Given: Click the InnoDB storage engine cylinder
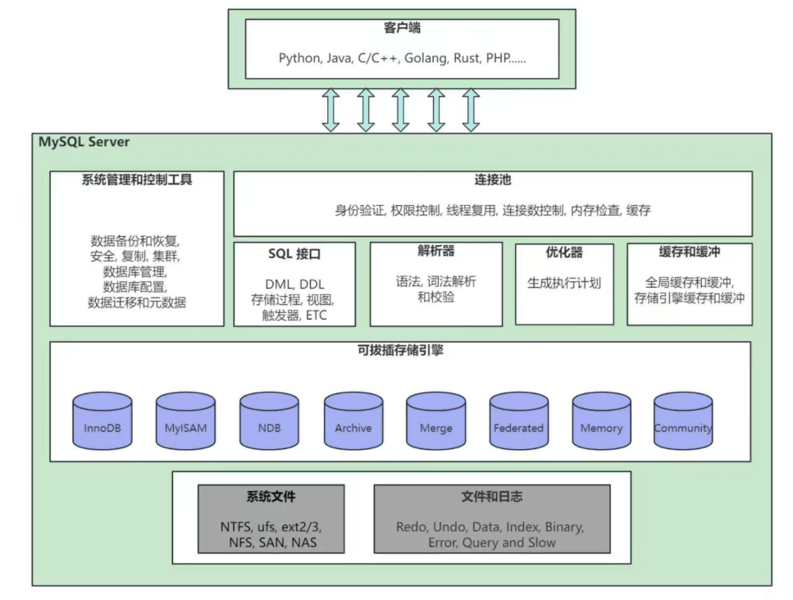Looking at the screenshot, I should click(103, 421).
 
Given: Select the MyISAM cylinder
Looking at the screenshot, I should click(185, 421).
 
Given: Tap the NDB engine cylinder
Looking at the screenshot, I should click(269, 421).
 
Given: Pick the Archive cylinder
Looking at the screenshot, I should click(353, 421).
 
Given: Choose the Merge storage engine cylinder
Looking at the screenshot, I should click(435, 421).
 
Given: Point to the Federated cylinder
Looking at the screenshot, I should click(518, 421).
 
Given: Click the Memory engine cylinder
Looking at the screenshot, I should click(601, 421).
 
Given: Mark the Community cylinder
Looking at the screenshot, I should click(683, 421).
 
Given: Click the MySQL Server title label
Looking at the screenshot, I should click(84, 142).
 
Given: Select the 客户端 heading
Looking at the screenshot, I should click(402, 29).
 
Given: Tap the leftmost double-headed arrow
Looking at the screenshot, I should click(330, 110).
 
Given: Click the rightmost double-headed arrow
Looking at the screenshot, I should click(471, 110).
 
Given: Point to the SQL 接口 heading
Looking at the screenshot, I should click(294, 254).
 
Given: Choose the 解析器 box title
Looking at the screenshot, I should click(436, 251).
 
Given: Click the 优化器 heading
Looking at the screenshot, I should click(564, 252).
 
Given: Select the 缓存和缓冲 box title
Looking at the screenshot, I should click(690, 252).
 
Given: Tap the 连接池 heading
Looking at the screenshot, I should click(493, 180).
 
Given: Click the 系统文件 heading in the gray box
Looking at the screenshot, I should click(271, 497).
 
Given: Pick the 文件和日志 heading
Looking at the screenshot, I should click(492, 497).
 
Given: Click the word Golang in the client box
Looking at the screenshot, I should click(420, 58).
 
